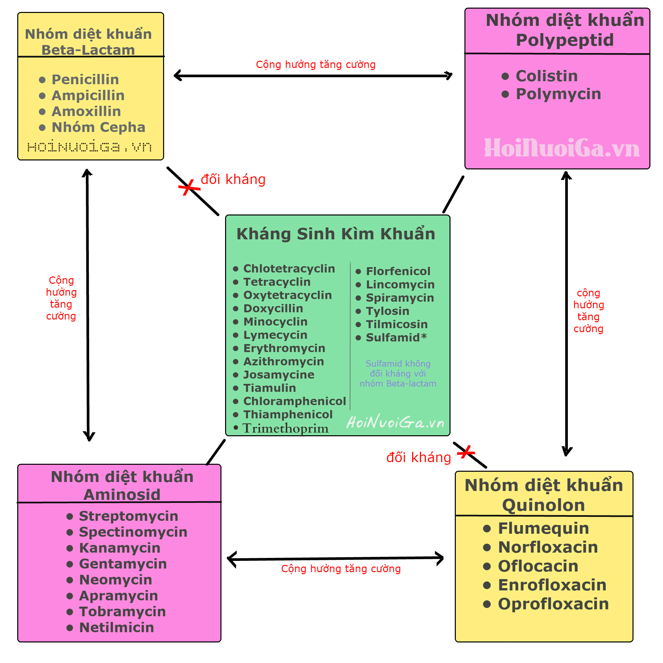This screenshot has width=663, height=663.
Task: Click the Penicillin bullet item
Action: pyautogui.click(x=85, y=80)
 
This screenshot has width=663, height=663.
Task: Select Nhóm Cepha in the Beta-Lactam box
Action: pyautogui.click(x=98, y=127)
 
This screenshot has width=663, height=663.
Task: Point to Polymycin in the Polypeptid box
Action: pyautogui.click(x=558, y=94)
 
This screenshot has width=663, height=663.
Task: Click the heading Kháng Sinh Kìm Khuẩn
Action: pyautogui.click(x=335, y=234)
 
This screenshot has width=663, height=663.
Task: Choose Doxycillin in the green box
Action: pyautogui.click(x=273, y=309)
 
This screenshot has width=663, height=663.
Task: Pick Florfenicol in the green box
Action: pyautogui.click(x=398, y=271)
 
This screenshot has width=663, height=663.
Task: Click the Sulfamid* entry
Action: pyautogui.click(x=396, y=338)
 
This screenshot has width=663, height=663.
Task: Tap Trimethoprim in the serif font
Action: pyautogui.click(x=285, y=428)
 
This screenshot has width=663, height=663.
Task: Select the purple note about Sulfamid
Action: pyautogui.click(x=398, y=373)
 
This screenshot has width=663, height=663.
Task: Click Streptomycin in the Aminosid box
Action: pyautogui.click(x=128, y=516)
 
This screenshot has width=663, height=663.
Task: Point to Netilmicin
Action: pyautogui.click(x=116, y=628)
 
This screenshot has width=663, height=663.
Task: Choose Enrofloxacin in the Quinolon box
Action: pyautogui.click(x=552, y=585)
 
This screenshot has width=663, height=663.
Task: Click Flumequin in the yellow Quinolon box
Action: pyautogui.click(x=543, y=528)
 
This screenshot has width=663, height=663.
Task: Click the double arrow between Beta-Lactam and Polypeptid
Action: pyautogui.click(x=313, y=76)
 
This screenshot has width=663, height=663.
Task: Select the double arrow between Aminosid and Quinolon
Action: pyautogui.click(x=335, y=559)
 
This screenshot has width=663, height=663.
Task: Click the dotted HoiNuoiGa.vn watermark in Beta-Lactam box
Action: pyautogui.click(x=90, y=147)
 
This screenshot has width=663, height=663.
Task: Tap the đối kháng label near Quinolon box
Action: pyautogui.click(x=418, y=458)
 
